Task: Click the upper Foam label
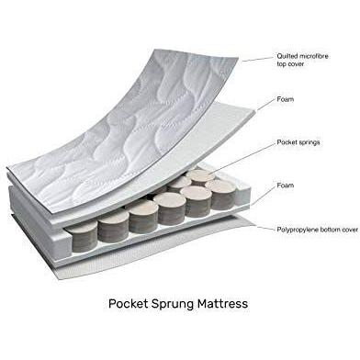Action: tap(285, 99)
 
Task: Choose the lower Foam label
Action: tap(285, 186)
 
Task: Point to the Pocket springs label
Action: tap(298, 143)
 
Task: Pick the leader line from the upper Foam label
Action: tap(262, 102)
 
